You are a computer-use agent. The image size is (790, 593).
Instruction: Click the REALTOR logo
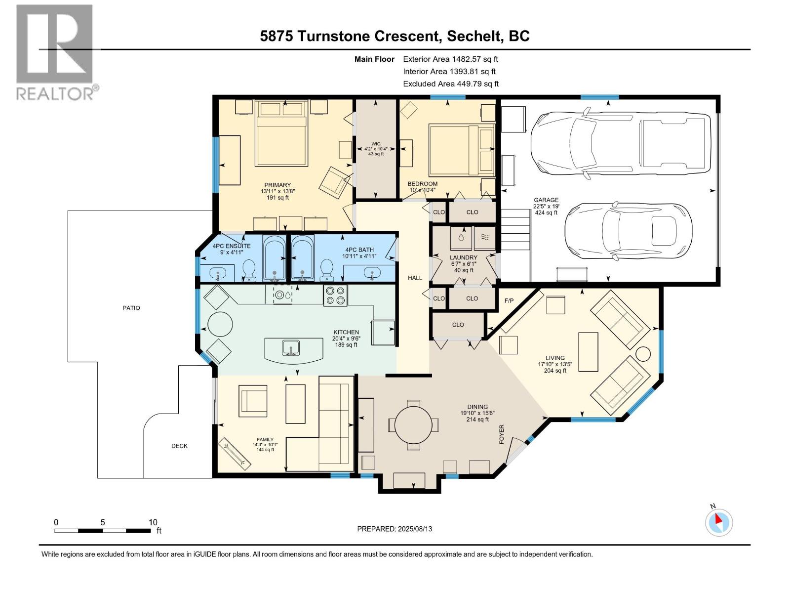tap(54, 52)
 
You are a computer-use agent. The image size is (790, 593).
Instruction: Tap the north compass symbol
tap(718, 522)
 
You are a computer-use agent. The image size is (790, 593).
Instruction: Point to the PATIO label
tap(131, 308)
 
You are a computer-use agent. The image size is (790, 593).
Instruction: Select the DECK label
tap(179, 446)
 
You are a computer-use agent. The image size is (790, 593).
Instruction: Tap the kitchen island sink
tap(291, 348)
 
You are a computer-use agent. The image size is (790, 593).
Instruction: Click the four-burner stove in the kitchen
tap(335, 296)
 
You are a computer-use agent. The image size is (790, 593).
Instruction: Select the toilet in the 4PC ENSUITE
tap(249, 269)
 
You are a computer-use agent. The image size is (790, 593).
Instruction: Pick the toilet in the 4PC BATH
tap(326, 269)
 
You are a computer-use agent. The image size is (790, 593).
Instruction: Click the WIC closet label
tap(376, 144)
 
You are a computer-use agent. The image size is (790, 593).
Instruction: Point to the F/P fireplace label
tap(509, 300)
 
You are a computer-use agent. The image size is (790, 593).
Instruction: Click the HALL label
tap(415, 278)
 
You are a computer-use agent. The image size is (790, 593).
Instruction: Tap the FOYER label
tap(502, 434)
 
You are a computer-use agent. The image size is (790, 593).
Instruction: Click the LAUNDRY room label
tap(463, 257)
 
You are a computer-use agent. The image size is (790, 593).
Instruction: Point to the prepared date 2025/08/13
tap(395, 529)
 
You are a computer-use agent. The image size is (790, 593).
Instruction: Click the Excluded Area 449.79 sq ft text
tap(451, 84)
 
